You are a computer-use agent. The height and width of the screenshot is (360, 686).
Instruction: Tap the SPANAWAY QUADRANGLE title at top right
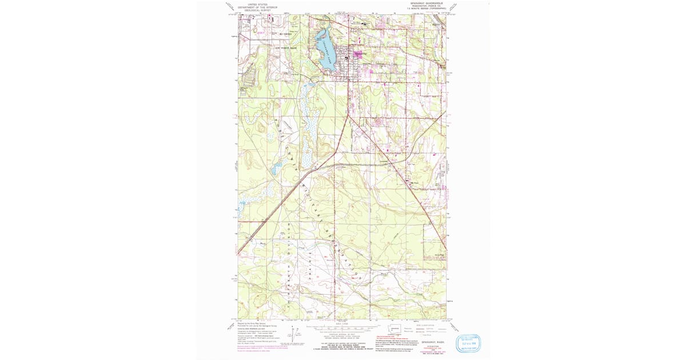click(426, 3)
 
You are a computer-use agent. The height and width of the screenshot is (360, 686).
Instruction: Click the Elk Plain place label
click(416, 183)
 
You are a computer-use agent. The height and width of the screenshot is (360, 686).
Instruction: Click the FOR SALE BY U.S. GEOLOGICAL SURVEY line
click(343, 345)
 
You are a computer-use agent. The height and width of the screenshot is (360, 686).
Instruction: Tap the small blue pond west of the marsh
click(276, 169)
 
